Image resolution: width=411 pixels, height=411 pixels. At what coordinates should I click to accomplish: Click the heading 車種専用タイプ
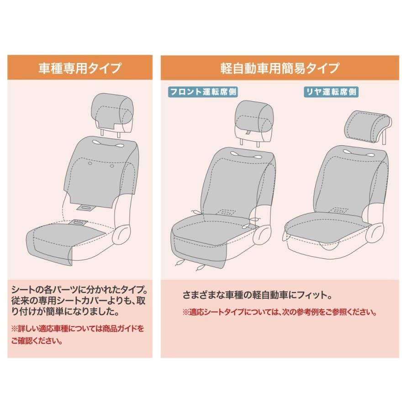pos(79,68)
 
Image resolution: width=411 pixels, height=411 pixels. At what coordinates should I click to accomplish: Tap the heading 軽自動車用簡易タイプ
pos(279,68)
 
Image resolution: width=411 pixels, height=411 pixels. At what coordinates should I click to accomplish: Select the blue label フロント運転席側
pos(203,92)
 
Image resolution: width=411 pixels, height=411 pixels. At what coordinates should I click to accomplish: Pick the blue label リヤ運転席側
pos(331,92)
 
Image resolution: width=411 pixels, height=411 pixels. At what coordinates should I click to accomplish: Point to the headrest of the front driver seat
pos(254,118)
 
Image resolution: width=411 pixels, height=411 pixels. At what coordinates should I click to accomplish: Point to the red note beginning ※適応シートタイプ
pos(279,312)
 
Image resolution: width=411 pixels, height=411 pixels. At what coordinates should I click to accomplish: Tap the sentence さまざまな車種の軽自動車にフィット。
pos(257,295)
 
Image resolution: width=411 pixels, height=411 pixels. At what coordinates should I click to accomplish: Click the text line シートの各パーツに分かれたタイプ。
pos(79,290)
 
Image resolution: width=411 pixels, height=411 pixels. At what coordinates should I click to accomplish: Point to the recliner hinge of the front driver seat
pos(262,234)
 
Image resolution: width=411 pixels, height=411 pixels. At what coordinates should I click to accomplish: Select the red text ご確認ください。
pos(37,341)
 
